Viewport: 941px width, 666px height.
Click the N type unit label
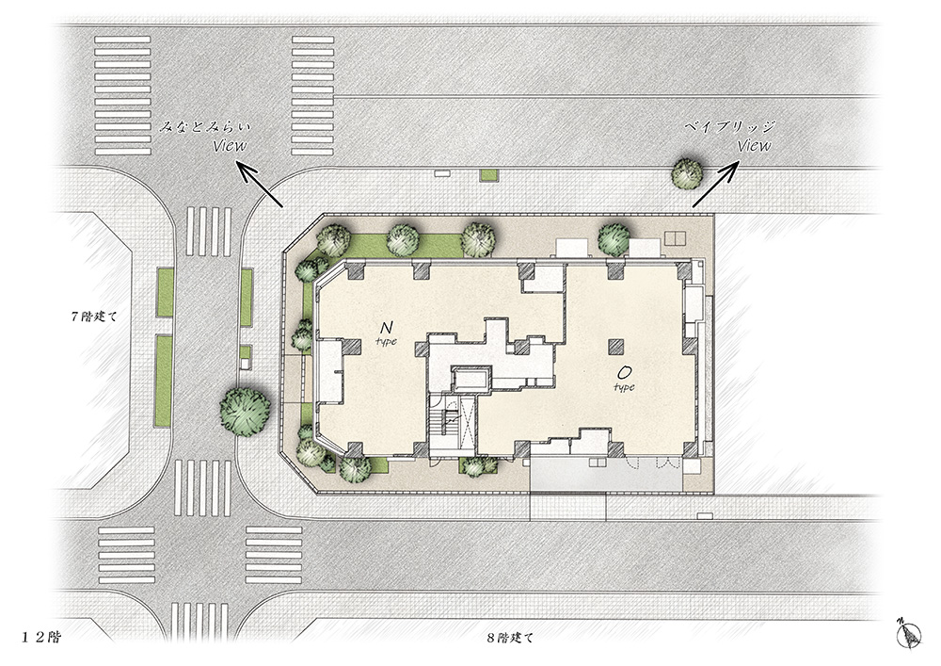point(387,333)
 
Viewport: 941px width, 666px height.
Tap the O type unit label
point(624,380)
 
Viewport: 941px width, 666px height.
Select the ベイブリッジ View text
point(730,137)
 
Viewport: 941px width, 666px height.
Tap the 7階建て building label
point(93,317)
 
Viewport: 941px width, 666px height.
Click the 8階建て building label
point(509,638)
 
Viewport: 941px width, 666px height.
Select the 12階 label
point(42,637)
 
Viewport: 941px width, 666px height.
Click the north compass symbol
point(910,632)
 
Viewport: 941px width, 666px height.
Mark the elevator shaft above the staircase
point(471,379)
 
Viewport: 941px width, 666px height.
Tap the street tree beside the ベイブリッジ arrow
point(687,172)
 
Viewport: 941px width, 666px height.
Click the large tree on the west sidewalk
point(245,410)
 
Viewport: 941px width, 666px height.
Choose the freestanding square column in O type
point(616,347)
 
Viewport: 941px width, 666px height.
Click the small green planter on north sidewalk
point(488,175)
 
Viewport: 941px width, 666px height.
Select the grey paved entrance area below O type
point(606,475)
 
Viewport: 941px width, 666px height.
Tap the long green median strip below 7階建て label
point(164,381)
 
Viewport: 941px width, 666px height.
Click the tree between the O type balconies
point(614,238)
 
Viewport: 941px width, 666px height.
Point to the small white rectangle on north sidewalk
point(441,173)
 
